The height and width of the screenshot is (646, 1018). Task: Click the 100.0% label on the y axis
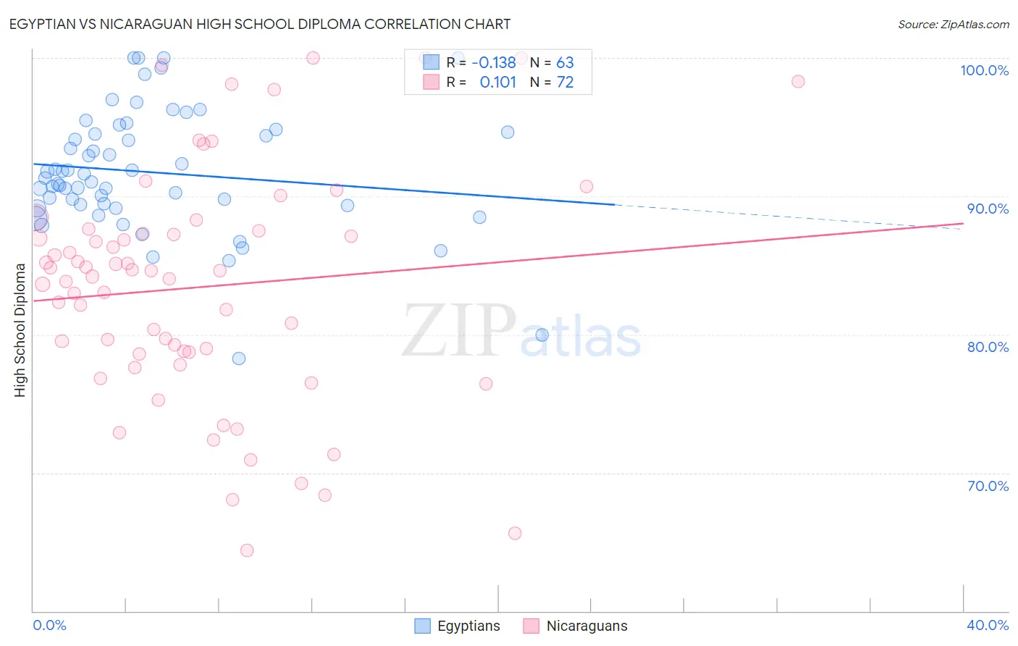[984, 70]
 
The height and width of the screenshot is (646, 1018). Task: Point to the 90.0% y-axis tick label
[988, 209]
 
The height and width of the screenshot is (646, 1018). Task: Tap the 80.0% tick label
[988, 347]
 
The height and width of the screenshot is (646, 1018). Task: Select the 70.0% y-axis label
[988, 486]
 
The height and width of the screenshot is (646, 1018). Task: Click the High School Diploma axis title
[20, 330]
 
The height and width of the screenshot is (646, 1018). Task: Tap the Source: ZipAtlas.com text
[953, 25]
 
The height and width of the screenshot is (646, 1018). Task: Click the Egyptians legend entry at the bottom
[458, 626]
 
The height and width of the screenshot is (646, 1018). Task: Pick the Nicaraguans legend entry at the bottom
[576, 626]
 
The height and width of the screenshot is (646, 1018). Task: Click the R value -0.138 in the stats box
[494, 62]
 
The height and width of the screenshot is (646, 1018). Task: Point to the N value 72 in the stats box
[565, 83]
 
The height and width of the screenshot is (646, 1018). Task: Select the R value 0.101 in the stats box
[498, 83]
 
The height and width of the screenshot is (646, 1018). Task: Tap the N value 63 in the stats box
[565, 62]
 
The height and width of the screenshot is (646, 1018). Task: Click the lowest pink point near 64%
[247, 550]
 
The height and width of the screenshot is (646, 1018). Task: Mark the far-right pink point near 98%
[798, 81]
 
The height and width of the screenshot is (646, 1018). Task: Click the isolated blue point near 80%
[542, 335]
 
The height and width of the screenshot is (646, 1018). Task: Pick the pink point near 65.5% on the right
[515, 533]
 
